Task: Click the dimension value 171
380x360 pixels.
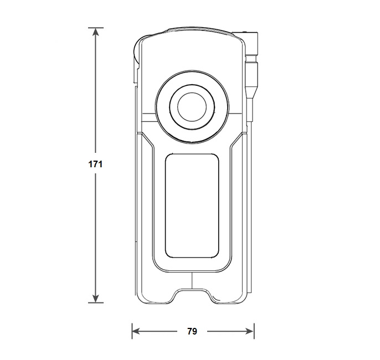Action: click(x=95, y=164)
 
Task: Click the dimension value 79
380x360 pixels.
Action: click(x=192, y=331)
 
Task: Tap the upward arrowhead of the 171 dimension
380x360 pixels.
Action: click(x=96, y=32)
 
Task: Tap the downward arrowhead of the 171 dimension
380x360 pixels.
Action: click(x=96, y=299)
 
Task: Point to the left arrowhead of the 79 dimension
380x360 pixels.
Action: click(x=136, y=331)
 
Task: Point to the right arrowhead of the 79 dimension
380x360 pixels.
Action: click(x=250, y=331)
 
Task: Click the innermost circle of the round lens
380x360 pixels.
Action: click(x=192, y=106)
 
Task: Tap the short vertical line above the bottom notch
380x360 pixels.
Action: click(x=192, y=280)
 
